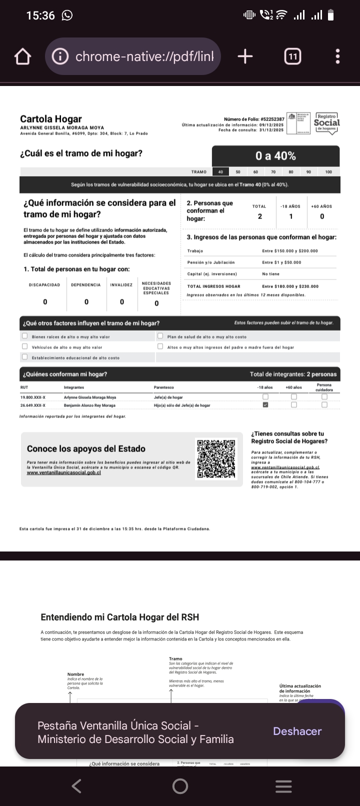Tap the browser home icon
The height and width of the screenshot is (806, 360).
(22, 56)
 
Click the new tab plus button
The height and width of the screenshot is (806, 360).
(245, 56)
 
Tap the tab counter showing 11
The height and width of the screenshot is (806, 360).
(292, 56)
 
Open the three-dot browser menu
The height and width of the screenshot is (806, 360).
(338, 56)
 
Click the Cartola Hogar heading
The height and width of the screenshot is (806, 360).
(50, 119)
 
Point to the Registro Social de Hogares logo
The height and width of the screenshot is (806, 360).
(326, 123)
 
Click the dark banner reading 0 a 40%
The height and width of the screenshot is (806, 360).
(275, 156)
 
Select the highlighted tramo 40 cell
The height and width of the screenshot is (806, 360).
(220, 172)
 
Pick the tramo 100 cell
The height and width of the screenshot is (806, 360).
(328, 172)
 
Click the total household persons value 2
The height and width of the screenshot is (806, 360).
(259, 216)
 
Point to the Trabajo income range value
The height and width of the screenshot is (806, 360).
(289, 251)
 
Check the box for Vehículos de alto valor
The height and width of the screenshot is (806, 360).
(24, 346)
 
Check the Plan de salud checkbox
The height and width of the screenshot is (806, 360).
(160, 336)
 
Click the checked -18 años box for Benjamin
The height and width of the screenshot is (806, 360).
(265, 405)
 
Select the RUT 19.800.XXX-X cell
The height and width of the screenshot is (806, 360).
(33, 397)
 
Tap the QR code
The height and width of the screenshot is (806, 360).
(216, 459)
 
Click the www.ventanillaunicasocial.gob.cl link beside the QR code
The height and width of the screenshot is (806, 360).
(64, 472)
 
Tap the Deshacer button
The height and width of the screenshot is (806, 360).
(297, 731)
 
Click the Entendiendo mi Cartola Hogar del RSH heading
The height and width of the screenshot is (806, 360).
(120, 617)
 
